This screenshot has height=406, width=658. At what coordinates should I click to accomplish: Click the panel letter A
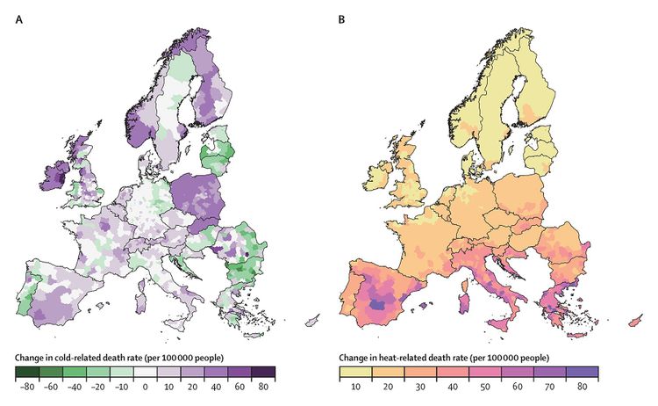[x=18, y=18]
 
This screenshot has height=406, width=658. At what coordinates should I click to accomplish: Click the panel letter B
[x=343, y=18]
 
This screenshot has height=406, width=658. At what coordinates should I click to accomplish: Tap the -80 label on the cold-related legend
[x=28, y=385]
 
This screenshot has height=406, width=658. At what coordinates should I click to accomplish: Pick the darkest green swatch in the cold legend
[x=28, y=372]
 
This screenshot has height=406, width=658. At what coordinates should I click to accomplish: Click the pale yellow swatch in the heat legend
[x=355, y=372]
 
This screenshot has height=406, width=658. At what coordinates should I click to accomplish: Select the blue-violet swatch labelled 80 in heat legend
[x=585, y=372]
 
